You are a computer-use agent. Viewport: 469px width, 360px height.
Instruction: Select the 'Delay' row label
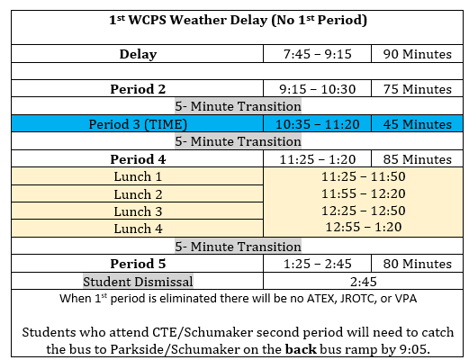point(138,54)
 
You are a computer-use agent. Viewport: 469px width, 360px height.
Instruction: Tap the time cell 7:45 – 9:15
point(317,54)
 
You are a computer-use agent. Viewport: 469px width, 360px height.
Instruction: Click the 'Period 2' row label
point(138,89)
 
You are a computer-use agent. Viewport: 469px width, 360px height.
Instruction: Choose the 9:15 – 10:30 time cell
point(317,89)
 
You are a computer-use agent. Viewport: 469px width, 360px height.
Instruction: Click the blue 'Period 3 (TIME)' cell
point(138,124)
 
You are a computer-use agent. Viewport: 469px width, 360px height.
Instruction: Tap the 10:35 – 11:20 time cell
point(317,124)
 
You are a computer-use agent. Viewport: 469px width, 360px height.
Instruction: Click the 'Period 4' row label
point(138,159)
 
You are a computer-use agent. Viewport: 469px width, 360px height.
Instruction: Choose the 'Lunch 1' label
point(138,176)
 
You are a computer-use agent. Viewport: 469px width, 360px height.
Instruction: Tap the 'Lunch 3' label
point(138,211)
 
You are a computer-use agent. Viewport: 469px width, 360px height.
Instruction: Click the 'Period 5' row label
point(138,264)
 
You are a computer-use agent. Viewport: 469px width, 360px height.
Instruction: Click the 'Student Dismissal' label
point(138,281)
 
